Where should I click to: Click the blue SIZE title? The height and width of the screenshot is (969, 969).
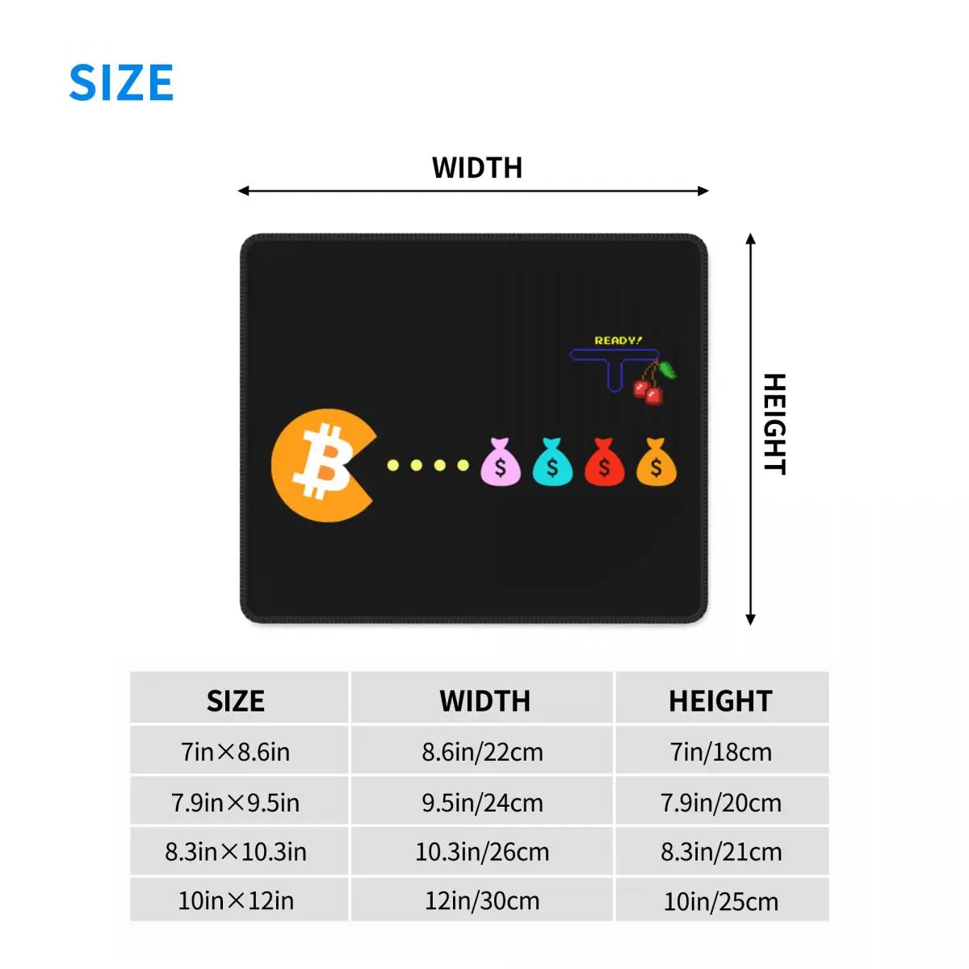point(121,82)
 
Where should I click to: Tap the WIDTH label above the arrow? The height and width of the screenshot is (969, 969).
point(477,168)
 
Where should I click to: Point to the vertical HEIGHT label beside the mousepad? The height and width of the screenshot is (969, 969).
point(774,424)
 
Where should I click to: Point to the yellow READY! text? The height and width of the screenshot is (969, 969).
point(619,341)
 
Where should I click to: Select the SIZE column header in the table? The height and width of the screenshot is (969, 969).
point(236,701)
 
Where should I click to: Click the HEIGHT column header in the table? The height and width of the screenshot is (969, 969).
point(720,701)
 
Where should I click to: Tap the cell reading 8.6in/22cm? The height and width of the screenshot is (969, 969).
point(482,753)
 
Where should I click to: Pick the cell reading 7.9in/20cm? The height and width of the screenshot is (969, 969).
point(720,803)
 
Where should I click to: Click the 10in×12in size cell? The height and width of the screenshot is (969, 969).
point(236,901)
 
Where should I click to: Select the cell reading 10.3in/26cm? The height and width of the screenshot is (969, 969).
point(482,852)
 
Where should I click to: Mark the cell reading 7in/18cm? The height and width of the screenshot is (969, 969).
point(720,753)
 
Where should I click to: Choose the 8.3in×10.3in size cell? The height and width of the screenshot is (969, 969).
point(236,852)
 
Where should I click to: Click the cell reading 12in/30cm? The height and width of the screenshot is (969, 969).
point(482,901)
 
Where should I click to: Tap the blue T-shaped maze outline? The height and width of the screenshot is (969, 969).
point(615,364)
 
